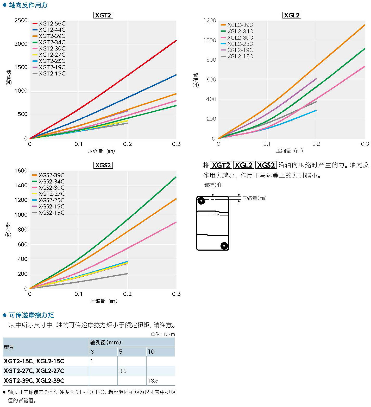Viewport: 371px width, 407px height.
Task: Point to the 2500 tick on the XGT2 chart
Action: tap(21, 21)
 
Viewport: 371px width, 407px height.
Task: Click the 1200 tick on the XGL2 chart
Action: tap(210, 21)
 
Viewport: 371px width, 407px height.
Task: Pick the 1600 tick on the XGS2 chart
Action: tap(21, 171)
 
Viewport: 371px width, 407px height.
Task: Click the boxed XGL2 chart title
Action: tap(292, 15)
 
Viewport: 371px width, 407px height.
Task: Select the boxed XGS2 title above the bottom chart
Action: tap(103, 165)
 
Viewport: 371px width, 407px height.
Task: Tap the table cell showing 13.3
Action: tap(153, 381)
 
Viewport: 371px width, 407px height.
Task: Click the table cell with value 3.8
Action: tap(123, 371)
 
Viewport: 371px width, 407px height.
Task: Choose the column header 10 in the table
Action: tap(151, 352)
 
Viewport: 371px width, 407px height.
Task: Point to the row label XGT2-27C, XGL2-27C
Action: tap(34, 371)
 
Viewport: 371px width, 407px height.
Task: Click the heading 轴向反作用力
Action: tap(28, 5)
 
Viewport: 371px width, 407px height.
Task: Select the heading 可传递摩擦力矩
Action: tap(32, 315)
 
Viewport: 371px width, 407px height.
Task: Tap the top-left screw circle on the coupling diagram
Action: tap(201, 201)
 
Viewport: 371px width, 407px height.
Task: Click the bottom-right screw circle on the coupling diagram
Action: tap(224, 246)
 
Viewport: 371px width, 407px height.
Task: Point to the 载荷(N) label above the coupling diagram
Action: tap(212, 185)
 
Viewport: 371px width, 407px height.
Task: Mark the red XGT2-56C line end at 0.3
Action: tap(176, 41)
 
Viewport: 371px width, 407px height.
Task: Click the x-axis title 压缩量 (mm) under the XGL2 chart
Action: tap(289, 151)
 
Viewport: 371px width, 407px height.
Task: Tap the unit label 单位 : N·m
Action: tap(163, 334)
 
